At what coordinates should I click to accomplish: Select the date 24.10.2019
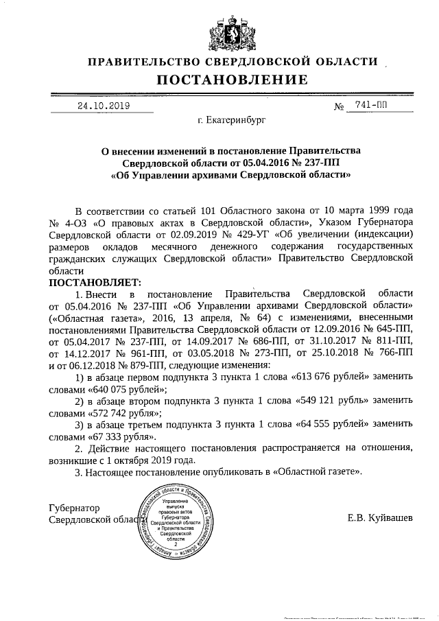(x=103, y=106)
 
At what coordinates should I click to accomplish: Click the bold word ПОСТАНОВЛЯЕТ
(x=95, y=283)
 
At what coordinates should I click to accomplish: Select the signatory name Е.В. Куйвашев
(x=380, y=517)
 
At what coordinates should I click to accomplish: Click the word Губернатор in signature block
(x=75, y=508)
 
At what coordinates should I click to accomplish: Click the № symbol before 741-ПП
(x=337, y=107)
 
